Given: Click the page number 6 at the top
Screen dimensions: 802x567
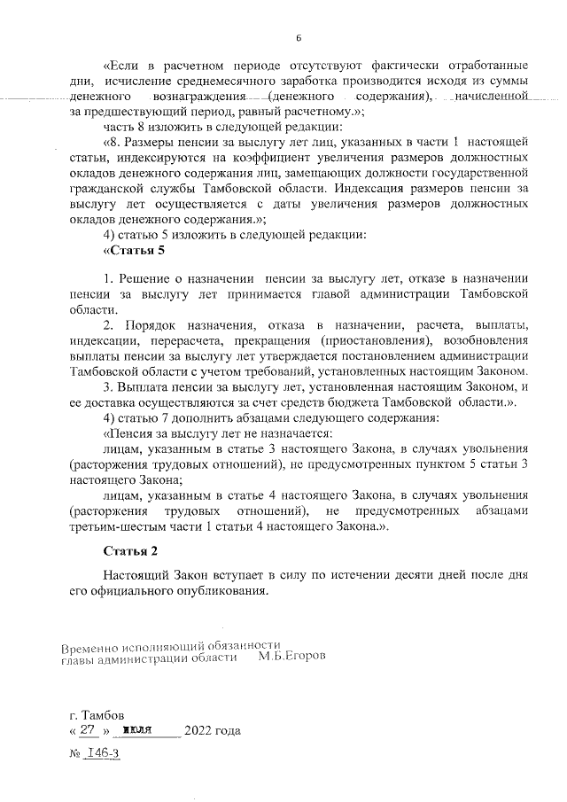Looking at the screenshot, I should (299, 37).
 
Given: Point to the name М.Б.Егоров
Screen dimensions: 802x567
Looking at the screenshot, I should (292, 658).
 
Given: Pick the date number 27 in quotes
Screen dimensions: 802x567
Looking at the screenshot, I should (87, 731).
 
